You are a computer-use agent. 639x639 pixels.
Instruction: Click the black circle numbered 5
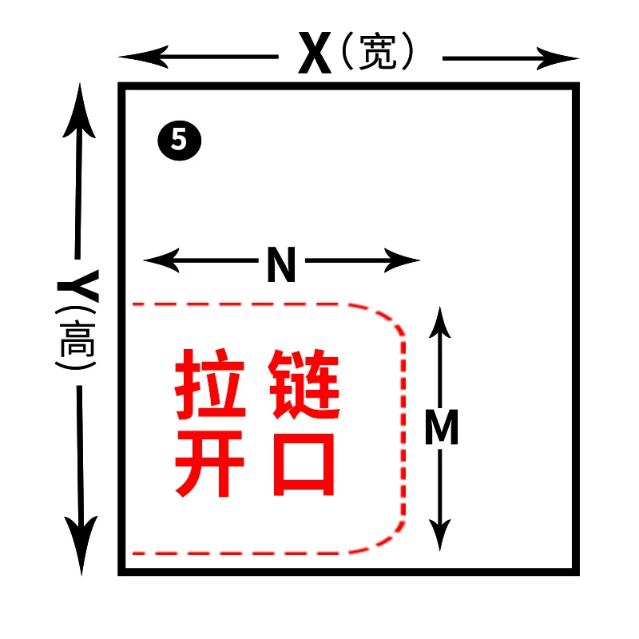click(x=178, y=141)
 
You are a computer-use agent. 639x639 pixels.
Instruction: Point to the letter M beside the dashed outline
click(x=441, y=429)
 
